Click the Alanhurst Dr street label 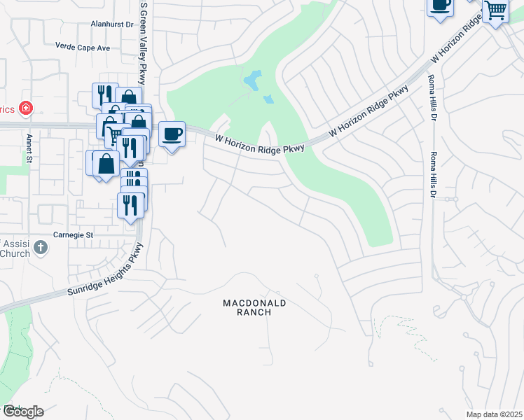coord(111,24)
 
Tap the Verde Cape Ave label coord(83,47)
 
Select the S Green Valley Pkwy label coord(144,34)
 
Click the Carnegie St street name coord(74,235)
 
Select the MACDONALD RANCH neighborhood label coord(255,307)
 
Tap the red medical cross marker coord(26,108)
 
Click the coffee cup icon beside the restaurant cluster coord(172,133)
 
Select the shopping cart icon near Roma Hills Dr coord(495,10)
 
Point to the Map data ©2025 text coord(493,414)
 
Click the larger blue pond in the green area coord(252,80)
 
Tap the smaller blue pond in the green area coord(268,99)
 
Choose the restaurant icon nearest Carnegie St coord(130,204)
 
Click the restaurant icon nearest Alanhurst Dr coord(104,95)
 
